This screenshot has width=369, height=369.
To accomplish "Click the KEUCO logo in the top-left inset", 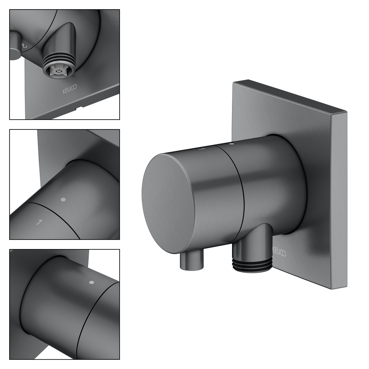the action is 70,89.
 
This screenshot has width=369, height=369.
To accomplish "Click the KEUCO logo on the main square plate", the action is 279,251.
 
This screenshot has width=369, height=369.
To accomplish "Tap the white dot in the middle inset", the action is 63,200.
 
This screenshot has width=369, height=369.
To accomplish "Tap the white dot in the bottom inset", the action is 92,282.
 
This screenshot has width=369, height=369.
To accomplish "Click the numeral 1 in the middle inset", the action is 40,222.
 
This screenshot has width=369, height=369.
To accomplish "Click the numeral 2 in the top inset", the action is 25,46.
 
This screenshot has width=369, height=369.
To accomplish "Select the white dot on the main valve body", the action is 231,143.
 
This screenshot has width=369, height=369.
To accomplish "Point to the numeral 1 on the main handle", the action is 202,149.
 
